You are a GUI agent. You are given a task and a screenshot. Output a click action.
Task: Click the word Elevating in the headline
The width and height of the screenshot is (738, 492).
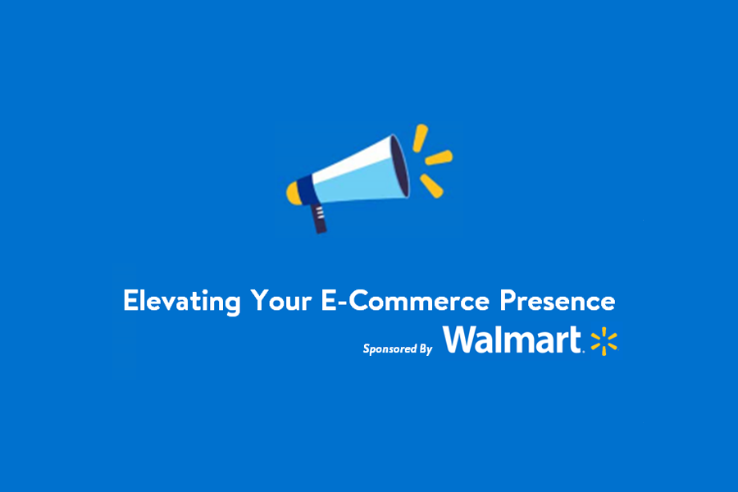182,301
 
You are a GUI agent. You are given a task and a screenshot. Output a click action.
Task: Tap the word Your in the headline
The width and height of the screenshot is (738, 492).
281,300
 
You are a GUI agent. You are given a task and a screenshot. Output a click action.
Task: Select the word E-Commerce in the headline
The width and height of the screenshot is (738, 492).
405,300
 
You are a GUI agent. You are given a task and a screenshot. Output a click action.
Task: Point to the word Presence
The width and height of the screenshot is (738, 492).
558,300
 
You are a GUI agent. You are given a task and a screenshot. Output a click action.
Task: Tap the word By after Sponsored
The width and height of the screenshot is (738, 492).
426,349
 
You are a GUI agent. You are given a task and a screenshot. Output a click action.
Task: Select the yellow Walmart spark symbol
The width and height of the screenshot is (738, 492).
604,341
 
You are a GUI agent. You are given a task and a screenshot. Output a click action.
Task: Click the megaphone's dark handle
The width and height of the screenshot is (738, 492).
320,218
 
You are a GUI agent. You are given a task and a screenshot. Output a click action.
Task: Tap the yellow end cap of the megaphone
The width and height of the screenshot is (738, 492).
294,193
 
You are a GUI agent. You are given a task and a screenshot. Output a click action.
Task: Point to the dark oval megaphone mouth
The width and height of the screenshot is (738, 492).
399,166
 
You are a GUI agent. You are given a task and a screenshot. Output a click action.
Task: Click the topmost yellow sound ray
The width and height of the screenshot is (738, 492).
420,138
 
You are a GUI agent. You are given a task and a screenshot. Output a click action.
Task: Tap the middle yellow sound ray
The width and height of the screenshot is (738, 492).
439,157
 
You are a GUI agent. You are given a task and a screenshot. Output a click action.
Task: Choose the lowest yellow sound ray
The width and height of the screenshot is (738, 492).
431,186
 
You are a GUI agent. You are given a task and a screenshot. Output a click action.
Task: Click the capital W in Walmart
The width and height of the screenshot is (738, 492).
461,339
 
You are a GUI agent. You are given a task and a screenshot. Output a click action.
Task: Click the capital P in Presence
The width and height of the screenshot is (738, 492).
508,300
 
